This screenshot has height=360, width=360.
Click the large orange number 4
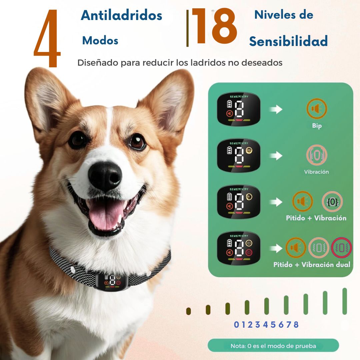coord(47,39)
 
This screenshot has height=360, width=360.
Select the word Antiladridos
coord(121,15)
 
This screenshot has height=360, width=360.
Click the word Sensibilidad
coord(288,41)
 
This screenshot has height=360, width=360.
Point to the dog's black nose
coord(105,176)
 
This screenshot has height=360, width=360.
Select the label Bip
coord(317,126)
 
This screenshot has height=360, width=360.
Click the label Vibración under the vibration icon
coord(316,172)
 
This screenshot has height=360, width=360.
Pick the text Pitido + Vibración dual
coord(312,265)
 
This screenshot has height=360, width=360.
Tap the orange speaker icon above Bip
coord(317,109)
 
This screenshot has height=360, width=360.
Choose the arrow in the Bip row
coord(276,109)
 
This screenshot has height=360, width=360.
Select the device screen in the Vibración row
coord(239,155)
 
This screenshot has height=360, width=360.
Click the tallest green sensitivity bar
coord(345,301)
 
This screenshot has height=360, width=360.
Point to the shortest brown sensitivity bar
coord(188,311)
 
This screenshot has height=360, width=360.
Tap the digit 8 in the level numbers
coord(296,325)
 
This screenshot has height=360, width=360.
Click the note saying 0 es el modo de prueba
coord(273,346)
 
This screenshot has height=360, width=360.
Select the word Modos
coord(100,41)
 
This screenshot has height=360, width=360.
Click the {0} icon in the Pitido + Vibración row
coord(332,202)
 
